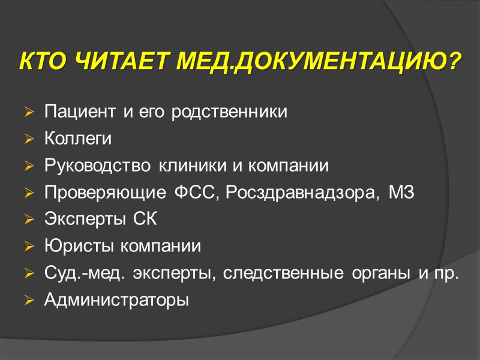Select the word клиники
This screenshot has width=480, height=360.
pyautogui.click(x=184, y=166)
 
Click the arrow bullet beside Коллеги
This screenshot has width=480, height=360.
pyautogui.click(x=29, y=139)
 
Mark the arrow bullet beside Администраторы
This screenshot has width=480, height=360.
pyautogui.click(x=29, y=300)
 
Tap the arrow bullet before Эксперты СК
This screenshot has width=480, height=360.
pyautogui.click(x=29, y=220)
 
